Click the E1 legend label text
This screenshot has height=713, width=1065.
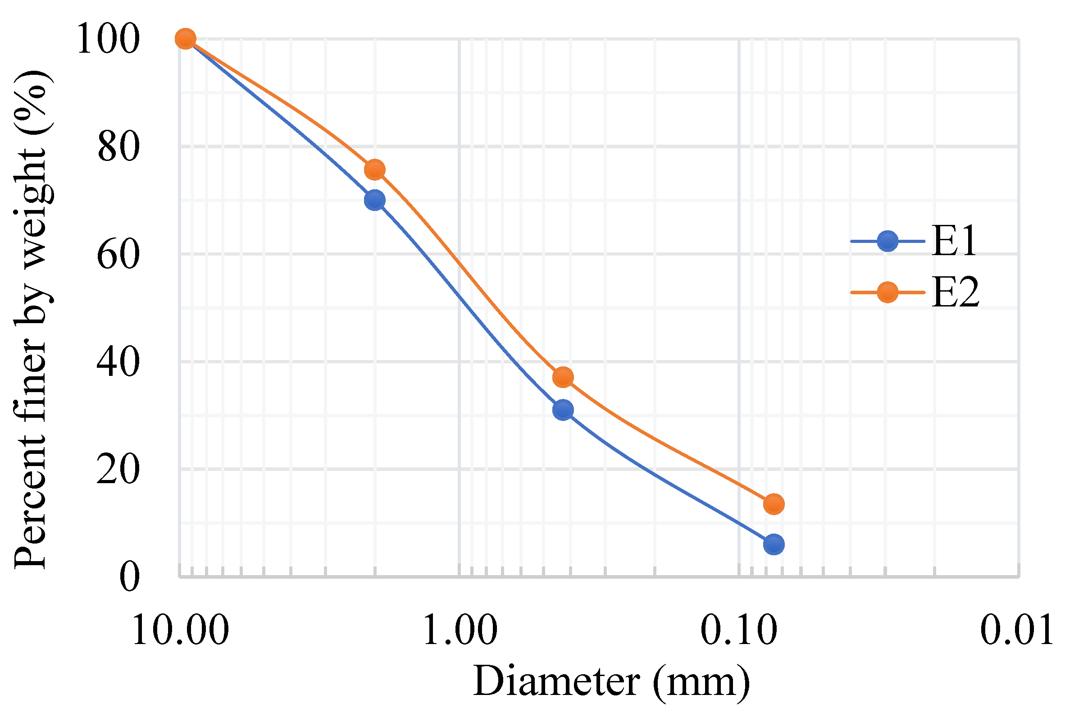tap(954, 241)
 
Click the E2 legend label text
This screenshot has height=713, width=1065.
tap(955, 293)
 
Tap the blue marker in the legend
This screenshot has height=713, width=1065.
tap(887, 241)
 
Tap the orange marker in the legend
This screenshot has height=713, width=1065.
tap(887, 292)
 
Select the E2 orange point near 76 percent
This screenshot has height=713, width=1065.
tap(375, 169)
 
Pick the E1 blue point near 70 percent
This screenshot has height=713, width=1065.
tap(375, 200)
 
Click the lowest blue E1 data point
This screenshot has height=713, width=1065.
tap(774, 544)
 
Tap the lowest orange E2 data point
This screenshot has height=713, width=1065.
tap(774, 504)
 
